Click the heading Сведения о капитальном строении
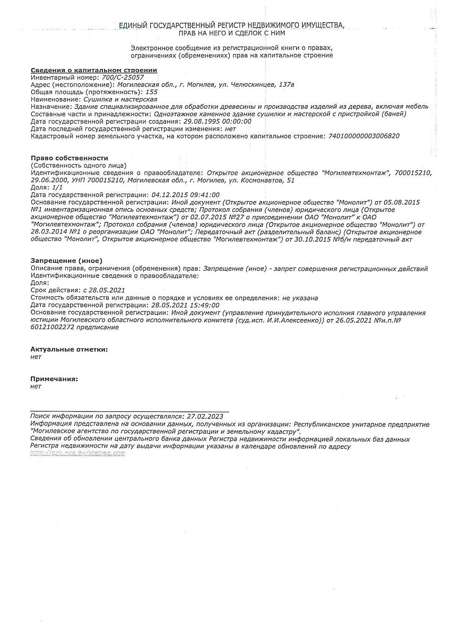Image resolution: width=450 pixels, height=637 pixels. point(94,70)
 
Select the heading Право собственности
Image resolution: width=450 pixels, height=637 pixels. point(70,158)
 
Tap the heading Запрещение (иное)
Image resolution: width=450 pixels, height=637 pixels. point(66,261)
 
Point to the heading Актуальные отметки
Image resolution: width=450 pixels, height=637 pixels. point(69,349)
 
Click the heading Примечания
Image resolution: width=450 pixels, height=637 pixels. point(54,379)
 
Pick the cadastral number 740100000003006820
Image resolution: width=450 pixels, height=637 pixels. point(364,136)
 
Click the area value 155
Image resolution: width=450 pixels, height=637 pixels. point(151,92)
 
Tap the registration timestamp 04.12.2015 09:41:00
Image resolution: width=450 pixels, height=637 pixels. point(185,195)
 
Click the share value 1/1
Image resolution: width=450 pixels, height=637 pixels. point(57,187)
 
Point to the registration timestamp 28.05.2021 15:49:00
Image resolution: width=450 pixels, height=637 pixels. point(185,305)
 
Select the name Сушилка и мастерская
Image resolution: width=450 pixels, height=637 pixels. point(120,99)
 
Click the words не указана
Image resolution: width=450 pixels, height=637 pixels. point(300,298)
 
